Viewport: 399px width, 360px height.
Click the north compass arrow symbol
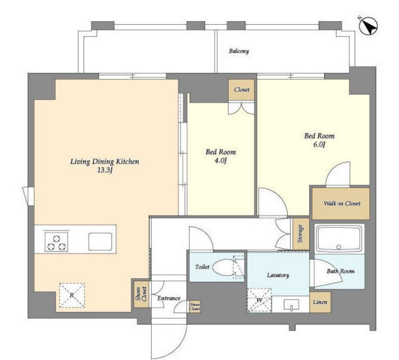coord(368,26)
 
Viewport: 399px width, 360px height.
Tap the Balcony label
coord(238,51)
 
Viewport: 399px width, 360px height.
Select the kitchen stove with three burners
coord(56,242)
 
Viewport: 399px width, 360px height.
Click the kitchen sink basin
coord(100,241)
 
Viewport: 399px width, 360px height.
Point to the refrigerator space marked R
coord(72,296)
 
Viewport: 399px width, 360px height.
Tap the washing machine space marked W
coord(259,300)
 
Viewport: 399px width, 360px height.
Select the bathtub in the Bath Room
coord(339,239)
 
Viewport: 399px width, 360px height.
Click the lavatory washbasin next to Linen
coord(292,305)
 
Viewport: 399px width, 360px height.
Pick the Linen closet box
coord(320,302)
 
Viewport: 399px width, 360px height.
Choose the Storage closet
coord(301,234)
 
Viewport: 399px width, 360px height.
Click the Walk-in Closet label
coord(342,203)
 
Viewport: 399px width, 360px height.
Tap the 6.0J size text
coord(320,144)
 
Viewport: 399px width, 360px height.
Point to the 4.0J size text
coord(220,161)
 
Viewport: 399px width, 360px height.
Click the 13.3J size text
coord(105,170)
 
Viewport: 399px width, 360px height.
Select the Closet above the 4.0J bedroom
coord(241,90)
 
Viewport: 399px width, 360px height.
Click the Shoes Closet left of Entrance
coord(141,294)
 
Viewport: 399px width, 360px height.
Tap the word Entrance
coord(169,298)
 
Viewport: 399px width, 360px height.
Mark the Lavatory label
coord(278,275)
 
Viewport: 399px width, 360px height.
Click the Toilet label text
coord(202,267)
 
